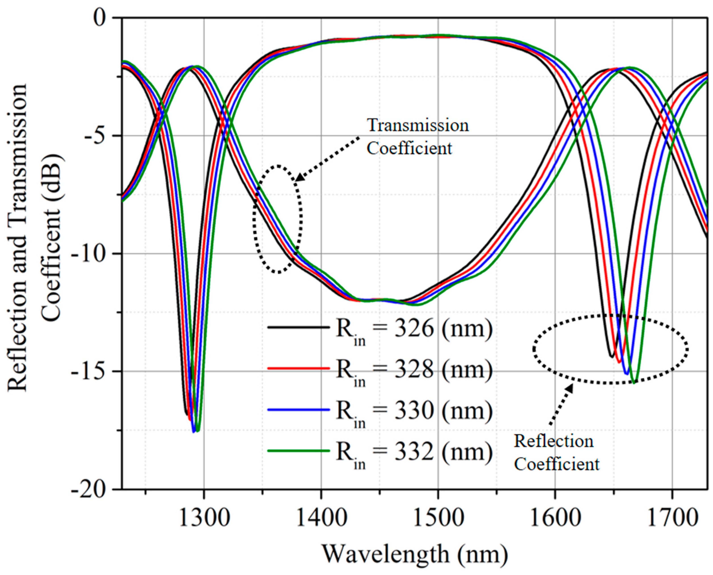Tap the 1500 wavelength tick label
pyautogui.click(x=438, y=518)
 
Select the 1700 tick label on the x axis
pyautogui.click(x=672, y=518)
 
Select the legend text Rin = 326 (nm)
pyautogui.click(x=414, y=330)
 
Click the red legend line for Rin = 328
pyautogui.click(x=298, y=368)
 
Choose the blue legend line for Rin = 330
pyautogui.click(x=298, y=410)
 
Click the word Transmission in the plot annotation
pyautogui.click(x=418, y=125)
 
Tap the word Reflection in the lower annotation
pyautogui.click(x=553, y=441)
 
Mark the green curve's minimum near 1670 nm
pyautogui.click(x=634, y=383)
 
